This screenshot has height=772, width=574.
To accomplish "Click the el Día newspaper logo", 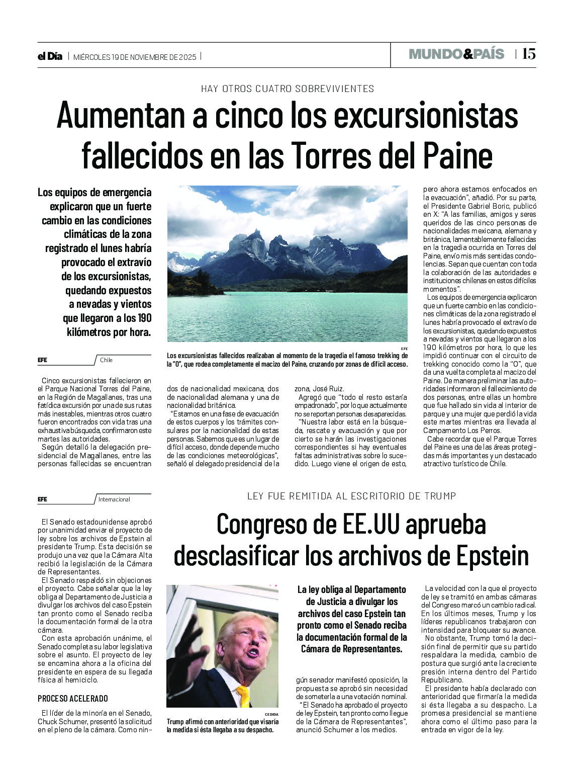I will (50, 56).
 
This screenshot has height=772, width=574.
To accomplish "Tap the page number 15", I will (528, 54).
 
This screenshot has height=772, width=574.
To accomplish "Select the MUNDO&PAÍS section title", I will (456, 54).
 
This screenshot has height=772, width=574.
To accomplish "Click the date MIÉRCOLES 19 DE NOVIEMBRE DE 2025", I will (135, 57).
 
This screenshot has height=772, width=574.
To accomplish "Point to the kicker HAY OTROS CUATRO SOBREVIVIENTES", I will (288, 89).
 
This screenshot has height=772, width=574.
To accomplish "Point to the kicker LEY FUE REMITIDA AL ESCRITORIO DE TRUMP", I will (351, 496).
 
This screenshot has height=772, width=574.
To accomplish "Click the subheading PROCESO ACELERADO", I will (73, 699).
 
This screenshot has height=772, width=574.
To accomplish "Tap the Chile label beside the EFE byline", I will (106, 360).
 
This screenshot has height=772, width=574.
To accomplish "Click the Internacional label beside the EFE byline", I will (114, 499).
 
